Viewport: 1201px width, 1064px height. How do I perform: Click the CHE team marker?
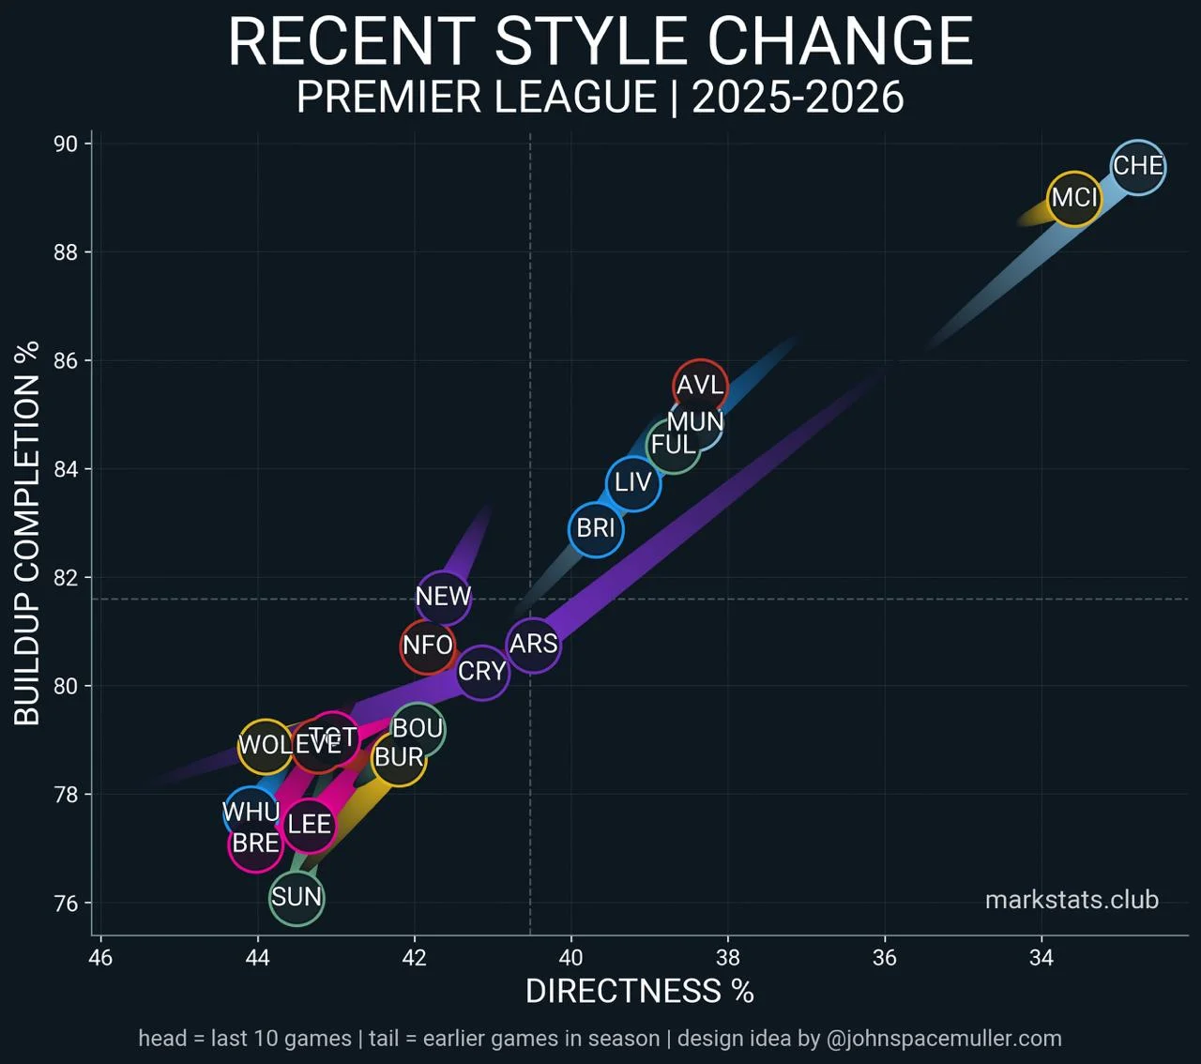tap(1138, 167)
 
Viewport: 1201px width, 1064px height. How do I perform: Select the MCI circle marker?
tap(1074, 198)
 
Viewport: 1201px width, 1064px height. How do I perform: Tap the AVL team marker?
tap(700, 386)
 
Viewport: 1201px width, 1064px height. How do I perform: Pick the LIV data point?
tap(633, 483)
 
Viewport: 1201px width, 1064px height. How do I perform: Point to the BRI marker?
tap(596, 529)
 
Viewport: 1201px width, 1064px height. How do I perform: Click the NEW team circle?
tap(443, 597)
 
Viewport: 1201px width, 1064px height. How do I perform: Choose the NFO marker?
tap(428, 646)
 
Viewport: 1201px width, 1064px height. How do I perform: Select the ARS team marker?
tap(533, 645)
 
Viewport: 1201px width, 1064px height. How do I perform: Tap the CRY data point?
tap(482, 672)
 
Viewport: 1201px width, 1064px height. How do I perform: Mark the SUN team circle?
tap(296, 898)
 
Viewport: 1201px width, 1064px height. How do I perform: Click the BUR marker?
tap(399, 757)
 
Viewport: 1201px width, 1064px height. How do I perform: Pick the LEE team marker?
tap(309, 825)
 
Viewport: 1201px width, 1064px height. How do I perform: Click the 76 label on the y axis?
tap(66, 903)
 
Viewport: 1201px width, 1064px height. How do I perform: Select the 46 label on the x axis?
tap(100, 958)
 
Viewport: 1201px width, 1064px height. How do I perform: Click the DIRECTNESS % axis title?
tap(639, 992)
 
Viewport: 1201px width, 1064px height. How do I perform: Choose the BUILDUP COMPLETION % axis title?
tap(27, 533)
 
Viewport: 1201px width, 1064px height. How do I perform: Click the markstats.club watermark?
tap(1072, 901)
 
